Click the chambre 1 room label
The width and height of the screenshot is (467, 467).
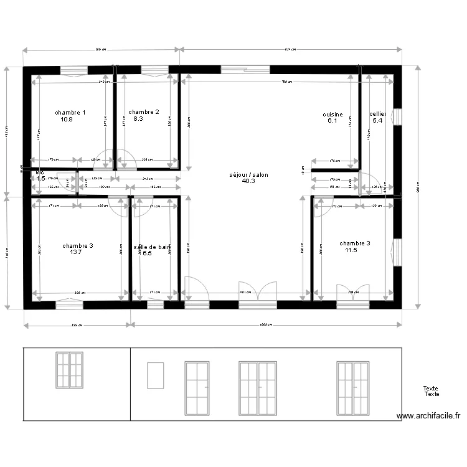point(70,113)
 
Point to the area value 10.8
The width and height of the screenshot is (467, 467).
point(67,119)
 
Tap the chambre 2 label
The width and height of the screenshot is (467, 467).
point(144,112)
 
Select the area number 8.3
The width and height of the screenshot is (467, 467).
point(139,118)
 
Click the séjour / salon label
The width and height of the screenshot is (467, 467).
point(248,175)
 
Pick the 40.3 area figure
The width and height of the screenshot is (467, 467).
point(248,181)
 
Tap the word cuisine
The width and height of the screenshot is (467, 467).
point(333,115)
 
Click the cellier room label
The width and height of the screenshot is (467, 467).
point(378,114)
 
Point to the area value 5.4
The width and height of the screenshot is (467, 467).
point(377,120)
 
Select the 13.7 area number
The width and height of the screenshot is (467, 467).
point(77,252)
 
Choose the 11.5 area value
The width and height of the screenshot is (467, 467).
point(351,250)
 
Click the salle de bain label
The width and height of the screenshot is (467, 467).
point(152,247)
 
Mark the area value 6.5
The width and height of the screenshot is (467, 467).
point(147,253)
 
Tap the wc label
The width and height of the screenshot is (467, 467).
point(40,172)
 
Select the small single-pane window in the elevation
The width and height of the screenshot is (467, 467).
point(155,375)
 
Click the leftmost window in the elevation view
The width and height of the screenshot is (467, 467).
point(69,370)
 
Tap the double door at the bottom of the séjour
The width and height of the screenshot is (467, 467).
point(258,294)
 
